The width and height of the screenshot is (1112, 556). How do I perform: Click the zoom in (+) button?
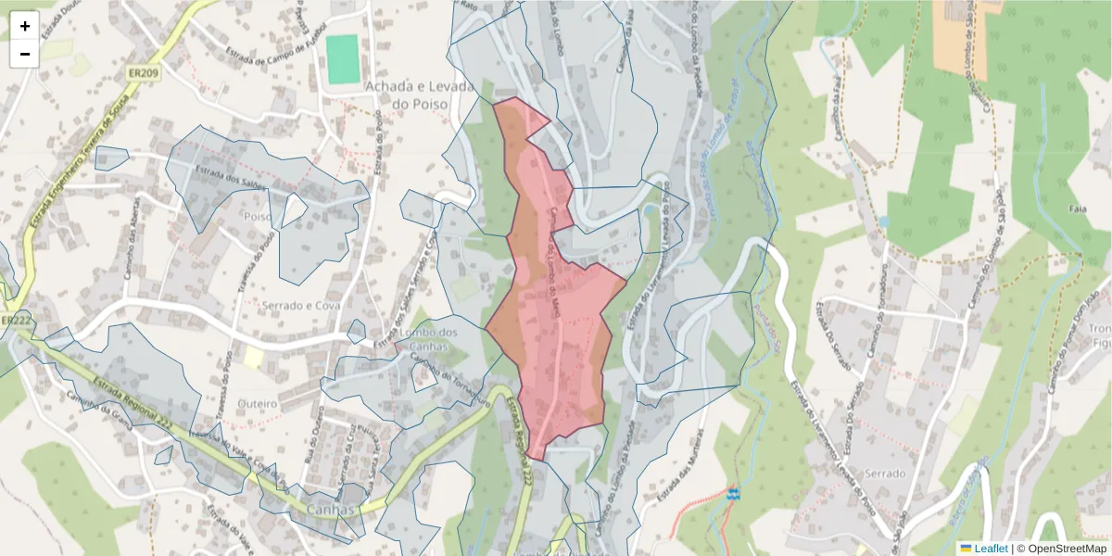(25, 26)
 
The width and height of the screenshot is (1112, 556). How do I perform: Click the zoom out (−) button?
(25, 54)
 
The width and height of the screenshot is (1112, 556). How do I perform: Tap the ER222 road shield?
(17, 321)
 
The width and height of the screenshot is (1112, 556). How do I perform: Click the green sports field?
(342, 59)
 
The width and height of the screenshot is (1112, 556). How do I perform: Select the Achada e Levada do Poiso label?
(420, 95)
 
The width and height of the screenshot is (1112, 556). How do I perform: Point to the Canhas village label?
(331, 510)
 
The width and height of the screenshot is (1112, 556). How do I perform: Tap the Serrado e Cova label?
(300, 306)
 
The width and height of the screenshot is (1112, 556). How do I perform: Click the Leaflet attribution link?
(990, 549)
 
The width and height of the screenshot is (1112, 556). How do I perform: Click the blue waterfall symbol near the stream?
(734, 493)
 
